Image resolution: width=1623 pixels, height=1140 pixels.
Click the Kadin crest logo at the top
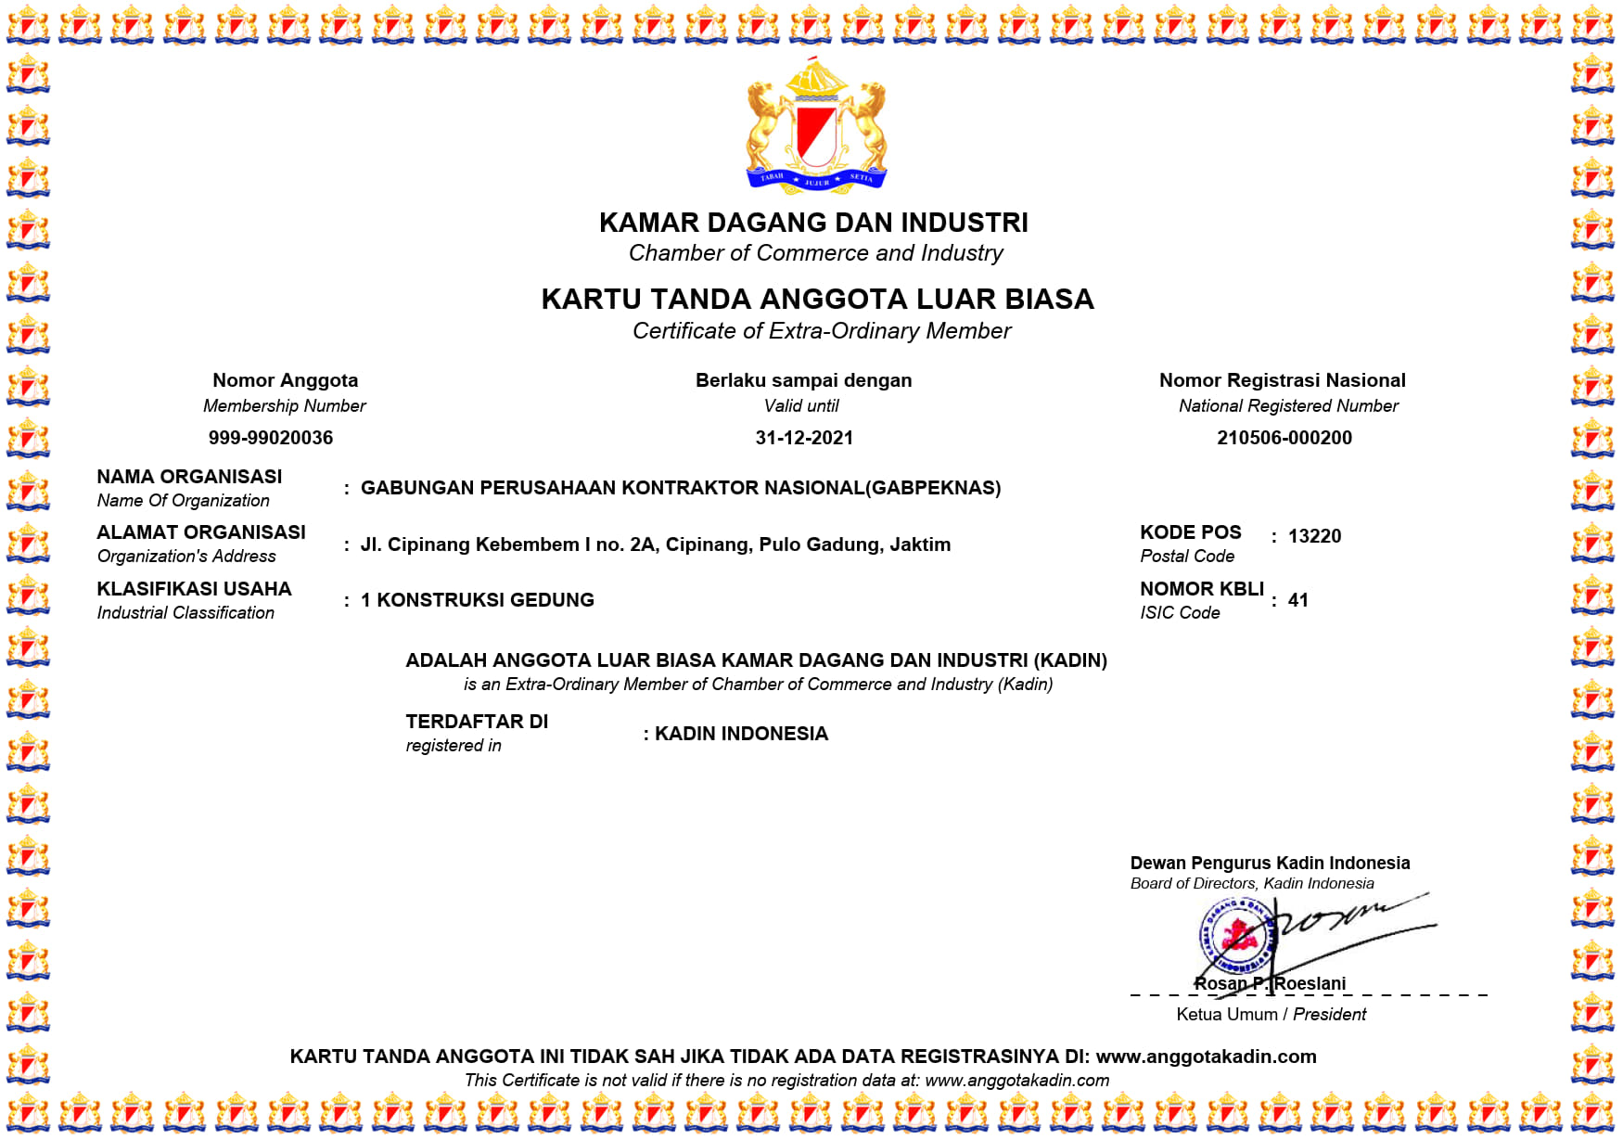[x=816, y=127]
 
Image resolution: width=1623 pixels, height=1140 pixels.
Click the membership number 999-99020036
[x=270, y=438]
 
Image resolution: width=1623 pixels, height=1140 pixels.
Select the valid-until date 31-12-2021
[x=804, y=438]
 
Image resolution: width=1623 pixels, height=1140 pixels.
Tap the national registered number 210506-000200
[x=1284, y=438]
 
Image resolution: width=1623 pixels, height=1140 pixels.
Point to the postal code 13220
[x=1314, y=536]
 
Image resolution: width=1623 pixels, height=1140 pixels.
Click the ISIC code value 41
[x=1297, y=600]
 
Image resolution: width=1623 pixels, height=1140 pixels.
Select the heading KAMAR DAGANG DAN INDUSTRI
[x=813, y=223]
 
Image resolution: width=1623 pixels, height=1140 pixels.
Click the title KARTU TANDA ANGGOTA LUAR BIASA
[x=817, y=299]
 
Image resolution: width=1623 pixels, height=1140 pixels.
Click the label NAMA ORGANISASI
[x=189, y=477]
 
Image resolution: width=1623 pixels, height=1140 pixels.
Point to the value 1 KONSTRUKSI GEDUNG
[x=477, y=600]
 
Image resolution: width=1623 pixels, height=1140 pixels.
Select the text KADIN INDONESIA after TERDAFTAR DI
[x=741, y=734]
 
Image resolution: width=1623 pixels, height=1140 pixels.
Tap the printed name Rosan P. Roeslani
[x=1270, y=983]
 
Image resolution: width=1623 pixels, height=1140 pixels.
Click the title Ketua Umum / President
[x=1271, y=1014]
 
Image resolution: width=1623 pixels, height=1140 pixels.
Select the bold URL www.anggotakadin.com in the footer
[x=1206, y=1057]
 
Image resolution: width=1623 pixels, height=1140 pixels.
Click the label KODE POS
[x=1190, y=532]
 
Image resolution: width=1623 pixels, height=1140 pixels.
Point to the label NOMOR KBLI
[x=1202, y=589]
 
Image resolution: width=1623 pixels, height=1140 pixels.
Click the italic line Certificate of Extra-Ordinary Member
[x=821, y=331]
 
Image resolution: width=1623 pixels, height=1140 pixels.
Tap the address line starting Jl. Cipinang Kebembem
[x=655, y=544]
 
